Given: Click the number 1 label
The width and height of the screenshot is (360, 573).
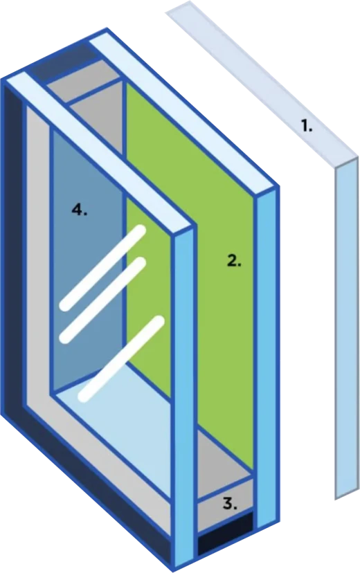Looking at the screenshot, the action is (307, 127).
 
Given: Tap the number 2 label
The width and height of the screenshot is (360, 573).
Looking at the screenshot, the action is (234, 261).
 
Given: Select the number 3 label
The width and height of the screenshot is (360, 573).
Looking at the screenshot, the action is (230, 504).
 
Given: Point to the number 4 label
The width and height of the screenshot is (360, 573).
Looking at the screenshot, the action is (80, 210).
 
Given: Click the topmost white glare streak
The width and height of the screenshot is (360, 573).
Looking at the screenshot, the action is (103, 269).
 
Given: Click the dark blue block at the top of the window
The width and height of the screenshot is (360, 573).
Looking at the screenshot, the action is (63, 61).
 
